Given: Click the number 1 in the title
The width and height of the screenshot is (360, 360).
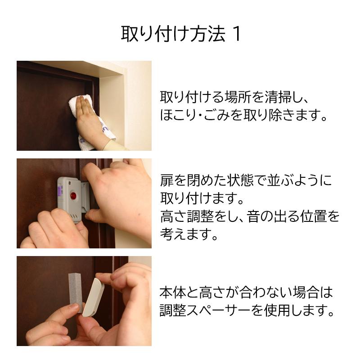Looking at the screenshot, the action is pos(237,34).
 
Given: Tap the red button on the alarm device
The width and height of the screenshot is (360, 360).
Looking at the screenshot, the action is pos(73,196).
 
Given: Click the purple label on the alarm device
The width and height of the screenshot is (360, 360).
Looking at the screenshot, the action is pos(60,191).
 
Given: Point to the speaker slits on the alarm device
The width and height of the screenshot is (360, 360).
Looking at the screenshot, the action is pos(74,216).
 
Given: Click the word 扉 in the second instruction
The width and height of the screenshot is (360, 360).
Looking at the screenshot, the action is pos(166,180).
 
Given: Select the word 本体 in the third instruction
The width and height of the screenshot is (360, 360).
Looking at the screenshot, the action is pos(173,292).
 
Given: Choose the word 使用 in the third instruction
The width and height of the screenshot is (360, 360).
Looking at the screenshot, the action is pos(277,310).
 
